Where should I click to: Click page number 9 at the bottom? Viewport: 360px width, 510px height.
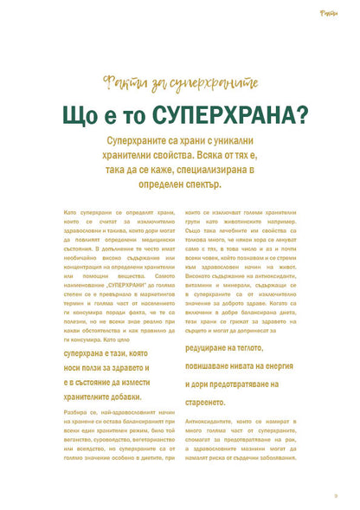pyautogui.click(x=335, y=494)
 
